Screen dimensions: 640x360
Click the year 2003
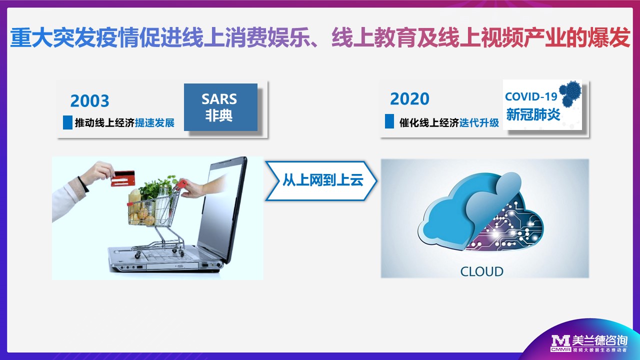89,100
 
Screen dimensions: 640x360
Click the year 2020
409,99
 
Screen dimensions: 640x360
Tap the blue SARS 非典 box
220,107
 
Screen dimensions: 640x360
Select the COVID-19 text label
531,96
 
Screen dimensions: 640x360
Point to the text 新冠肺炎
533,114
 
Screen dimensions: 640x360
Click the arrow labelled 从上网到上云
321,181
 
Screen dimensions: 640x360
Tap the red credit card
123,178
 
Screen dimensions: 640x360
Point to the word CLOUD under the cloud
481,271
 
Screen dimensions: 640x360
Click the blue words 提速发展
154,123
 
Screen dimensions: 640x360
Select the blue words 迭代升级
479,123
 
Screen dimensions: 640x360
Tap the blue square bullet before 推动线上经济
67,122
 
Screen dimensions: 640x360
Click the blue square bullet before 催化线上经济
389,121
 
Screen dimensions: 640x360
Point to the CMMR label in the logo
561,349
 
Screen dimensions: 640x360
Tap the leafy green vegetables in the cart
157,186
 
